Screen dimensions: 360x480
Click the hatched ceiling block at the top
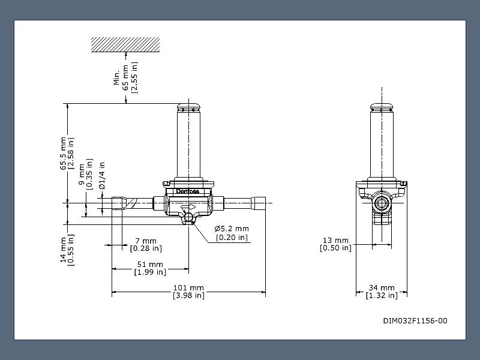coord(125,43)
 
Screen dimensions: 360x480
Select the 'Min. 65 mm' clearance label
coord(126,77)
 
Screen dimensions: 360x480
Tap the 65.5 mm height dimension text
coord(67,153)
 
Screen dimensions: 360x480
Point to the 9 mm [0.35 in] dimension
coord(86,174)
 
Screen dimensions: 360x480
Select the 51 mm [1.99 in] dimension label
coord(149,268)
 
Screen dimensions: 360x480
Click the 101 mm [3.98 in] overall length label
coord(188,292)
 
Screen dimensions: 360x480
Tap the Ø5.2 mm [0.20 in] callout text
coord(232,233)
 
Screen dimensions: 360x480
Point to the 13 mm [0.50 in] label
coord(335,244)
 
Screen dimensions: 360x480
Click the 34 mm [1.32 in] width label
coord(382,292)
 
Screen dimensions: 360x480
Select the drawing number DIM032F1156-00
coord(415,320)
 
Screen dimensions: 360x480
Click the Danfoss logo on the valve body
coord(188,191)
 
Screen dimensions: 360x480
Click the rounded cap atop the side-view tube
coord(382,108)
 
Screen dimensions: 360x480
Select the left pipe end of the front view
coord(117,203)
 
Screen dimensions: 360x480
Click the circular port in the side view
coord(381,203)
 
